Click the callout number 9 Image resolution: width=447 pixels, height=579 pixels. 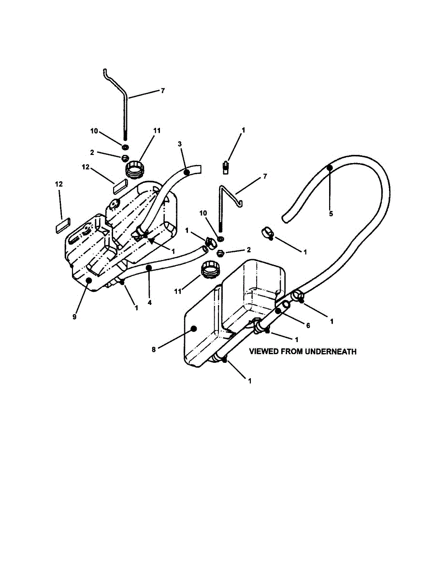click(x=74, y=317)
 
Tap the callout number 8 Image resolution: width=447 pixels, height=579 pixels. click(x=154, y=349)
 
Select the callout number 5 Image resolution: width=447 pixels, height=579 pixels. click(x=331, y=214)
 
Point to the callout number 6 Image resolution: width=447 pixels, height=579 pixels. click(x=308, y=325)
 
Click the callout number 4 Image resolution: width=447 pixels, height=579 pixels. click(x=149, y=303)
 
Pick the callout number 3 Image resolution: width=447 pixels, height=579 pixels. click(x=180, y=144)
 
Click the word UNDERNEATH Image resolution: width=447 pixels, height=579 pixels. click(x=331, y=351)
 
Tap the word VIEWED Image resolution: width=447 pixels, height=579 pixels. click(x=263, y=351)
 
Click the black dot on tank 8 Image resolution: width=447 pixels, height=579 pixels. click(x=194, y=329)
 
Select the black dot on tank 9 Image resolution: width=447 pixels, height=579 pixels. click(x=89, y=280)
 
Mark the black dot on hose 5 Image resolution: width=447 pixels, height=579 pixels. click(x=330, y=167)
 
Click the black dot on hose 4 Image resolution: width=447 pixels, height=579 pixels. click(x=149, y=267)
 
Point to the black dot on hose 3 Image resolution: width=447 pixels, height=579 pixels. click(x=187, y=173)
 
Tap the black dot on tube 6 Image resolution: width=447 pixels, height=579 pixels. click(x=278, y=311)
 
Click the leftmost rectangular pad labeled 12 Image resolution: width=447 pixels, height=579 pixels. click(x=63, y=225)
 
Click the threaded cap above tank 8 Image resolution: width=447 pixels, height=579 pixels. click(x=211, y=270)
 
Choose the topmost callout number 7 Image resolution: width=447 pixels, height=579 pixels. click(x=163, y=91)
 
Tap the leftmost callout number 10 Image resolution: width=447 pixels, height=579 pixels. click(x=94, y=131)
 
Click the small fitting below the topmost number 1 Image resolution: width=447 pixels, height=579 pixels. click(x=226, y=167)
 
